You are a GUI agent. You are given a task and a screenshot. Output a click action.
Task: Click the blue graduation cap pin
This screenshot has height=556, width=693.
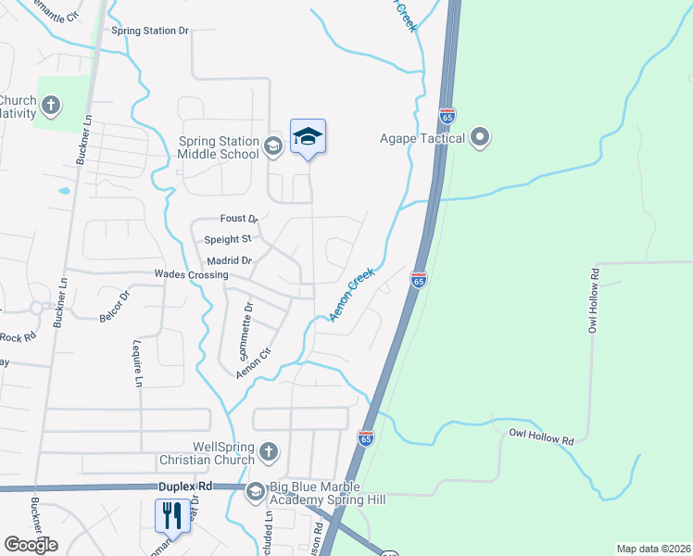pos(308,137)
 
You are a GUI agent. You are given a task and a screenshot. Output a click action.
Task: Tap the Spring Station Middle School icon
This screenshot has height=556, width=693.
pos(272,145)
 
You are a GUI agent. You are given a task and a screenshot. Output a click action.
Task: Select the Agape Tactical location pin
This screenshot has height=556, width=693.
pos(480,138)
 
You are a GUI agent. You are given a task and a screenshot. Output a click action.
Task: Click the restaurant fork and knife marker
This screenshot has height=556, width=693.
pos(170,515)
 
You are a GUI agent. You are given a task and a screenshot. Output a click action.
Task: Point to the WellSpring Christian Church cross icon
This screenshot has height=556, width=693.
pos(268,451)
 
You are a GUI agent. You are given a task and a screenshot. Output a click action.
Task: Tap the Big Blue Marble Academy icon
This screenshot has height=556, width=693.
pos(255,492)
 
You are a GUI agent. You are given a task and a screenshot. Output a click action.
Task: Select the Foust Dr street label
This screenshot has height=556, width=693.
pos(238,219)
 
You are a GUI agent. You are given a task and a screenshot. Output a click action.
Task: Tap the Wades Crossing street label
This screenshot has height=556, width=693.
pos(191,275)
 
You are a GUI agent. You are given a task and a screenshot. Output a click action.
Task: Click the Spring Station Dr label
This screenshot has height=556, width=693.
pos(150,31)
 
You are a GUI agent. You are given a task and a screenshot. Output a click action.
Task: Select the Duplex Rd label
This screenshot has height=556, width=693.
pos(185,486)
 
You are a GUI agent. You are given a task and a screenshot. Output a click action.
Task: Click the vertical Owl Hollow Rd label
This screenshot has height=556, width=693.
pos(594,300)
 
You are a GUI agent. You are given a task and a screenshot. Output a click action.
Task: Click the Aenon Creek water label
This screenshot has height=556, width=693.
pos(352,296)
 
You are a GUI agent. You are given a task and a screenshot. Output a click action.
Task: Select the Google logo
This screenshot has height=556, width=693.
pos(31,545)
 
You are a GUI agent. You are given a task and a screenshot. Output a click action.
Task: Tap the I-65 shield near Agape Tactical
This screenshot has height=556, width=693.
pos(447,116)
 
